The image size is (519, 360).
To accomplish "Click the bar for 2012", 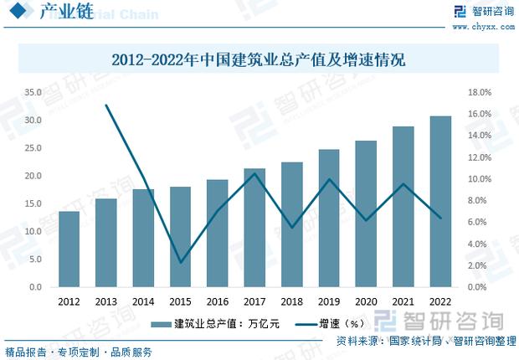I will [x=69, y=249].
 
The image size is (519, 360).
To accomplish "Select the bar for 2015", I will [x=180, y=236].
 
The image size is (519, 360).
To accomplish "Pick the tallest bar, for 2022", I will [x=440, y=201].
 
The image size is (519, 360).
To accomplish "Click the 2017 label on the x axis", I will [x=254, y=301].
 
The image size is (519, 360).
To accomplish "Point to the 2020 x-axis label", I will [x=366, y=301].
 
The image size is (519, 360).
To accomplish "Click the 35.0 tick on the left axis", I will [x=33, y=92].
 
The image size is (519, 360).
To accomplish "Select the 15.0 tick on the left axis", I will [x=33, y=203].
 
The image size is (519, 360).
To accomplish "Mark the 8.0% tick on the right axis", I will [x=477, y=200].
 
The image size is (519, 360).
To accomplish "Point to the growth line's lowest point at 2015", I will [x=180, y=263].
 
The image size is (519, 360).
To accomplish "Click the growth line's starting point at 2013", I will [x=106, y=105].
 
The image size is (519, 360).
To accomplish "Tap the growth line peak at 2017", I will [x=254, y=173].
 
